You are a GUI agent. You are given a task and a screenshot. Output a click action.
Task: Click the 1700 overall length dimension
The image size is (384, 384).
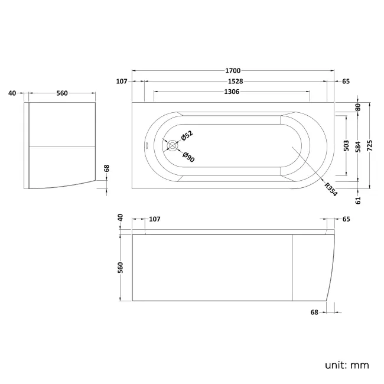(x=233, y=70)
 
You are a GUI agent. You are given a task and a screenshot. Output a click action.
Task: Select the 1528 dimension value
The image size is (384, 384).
(x=233, y=81)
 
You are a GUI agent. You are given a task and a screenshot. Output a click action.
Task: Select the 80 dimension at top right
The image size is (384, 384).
(x=358, y=108)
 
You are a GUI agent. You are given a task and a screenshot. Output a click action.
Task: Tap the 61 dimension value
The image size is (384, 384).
(x=358, y=200)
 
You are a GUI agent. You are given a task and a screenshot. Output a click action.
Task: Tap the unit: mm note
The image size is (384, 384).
(x=346, y=365)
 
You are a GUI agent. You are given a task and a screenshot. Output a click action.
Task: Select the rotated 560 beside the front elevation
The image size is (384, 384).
(x=122, y=268)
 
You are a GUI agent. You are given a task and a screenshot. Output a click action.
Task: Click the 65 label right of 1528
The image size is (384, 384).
(x=346, y=81)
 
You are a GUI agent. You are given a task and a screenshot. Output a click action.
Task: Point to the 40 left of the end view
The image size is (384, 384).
(x=12, y=93)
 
